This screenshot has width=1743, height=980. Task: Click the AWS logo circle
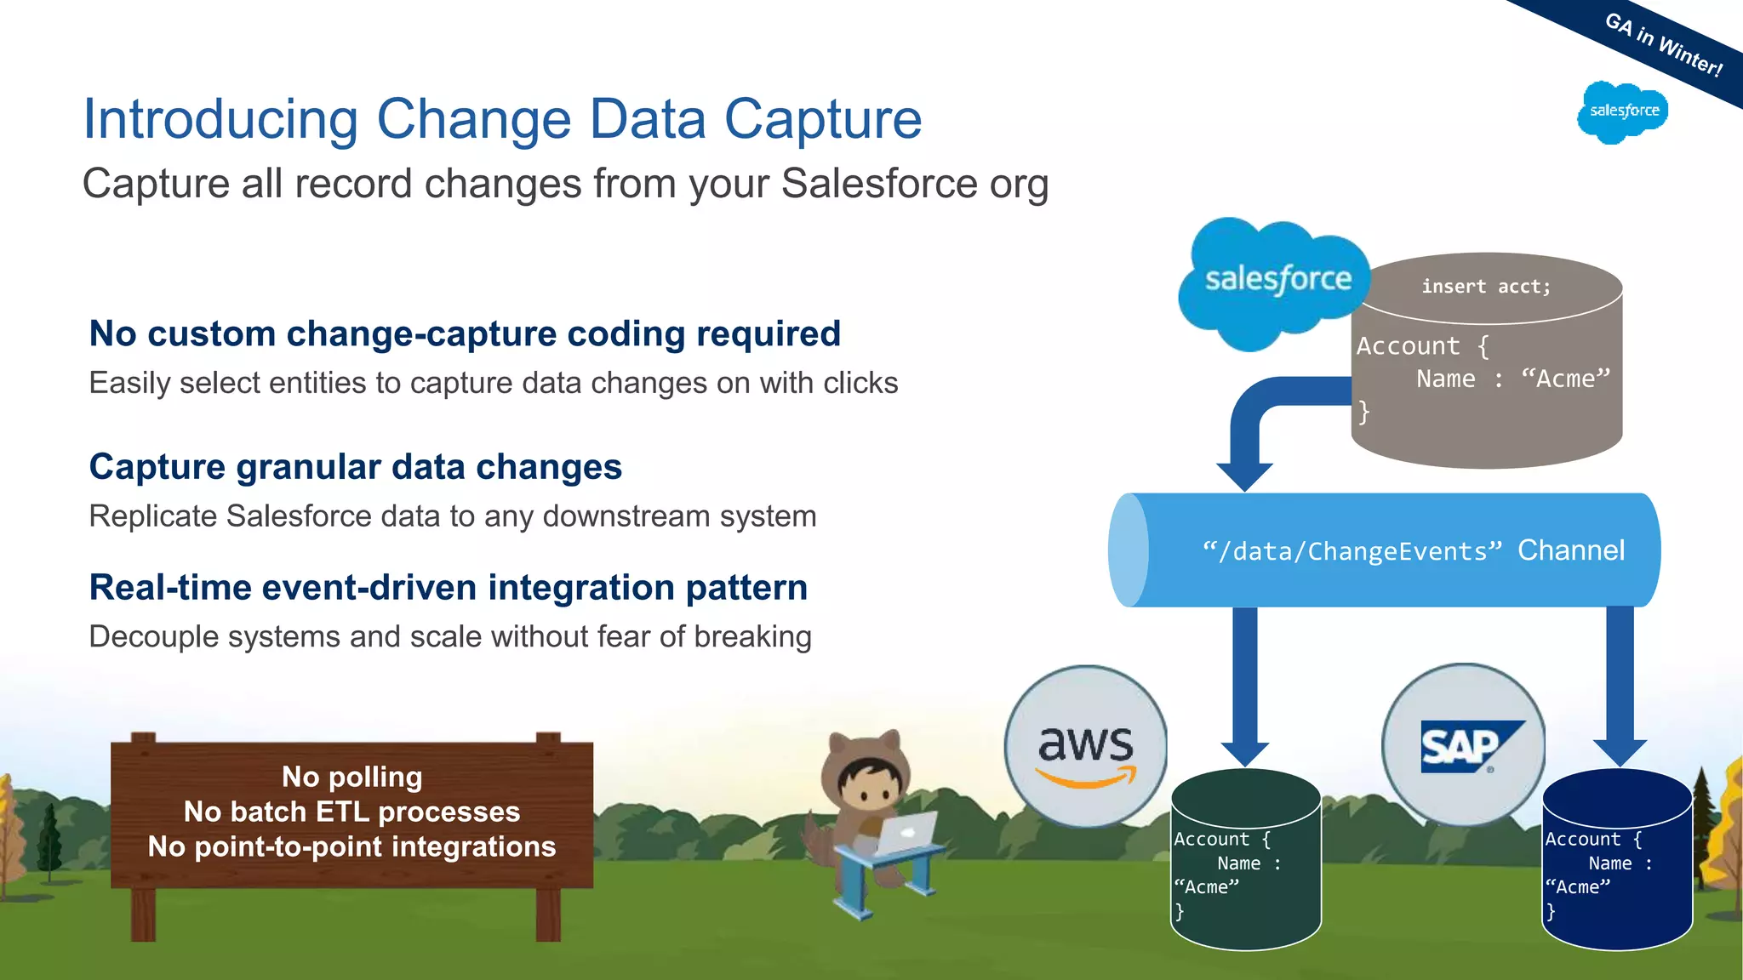tap(1085, 746)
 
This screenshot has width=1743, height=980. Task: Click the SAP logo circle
tap(1463, 746)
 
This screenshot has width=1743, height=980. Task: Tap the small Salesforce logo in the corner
tap(1623, 111)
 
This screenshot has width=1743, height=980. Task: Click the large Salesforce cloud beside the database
tap(1275, 282)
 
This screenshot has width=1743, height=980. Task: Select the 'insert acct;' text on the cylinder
tap(1486, 287)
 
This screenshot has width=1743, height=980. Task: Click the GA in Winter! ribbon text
tap(1663, 45)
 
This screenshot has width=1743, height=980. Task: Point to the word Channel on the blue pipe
tap(1571, 550)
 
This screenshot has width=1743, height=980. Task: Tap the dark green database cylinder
tap(1245, 859)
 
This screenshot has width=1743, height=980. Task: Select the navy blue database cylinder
tap(1617, 859)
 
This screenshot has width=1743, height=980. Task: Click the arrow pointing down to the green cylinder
tap(1245, 681)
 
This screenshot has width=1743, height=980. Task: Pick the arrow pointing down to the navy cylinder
tap(1620, 681)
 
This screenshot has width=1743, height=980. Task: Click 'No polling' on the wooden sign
tap(351, 777)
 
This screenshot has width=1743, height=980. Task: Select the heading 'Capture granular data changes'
tap(356, 467)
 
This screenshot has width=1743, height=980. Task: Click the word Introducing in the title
tap(220, 119)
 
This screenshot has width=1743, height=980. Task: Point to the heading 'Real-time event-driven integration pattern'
tap(449, 588)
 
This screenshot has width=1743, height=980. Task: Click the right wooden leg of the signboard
tap(548, 914)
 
